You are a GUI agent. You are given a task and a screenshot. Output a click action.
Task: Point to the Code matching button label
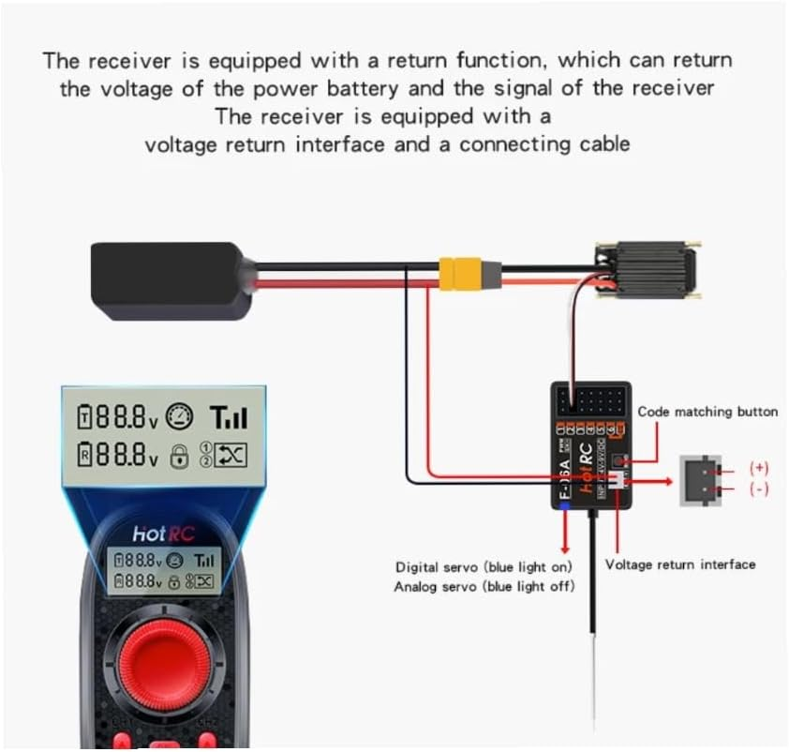707,412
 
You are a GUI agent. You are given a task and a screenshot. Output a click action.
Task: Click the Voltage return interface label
679,564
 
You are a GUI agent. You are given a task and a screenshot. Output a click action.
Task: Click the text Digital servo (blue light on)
484,567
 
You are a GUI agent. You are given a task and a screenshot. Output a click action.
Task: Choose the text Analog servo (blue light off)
484,587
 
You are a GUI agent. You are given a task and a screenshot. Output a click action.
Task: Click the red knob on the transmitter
160,664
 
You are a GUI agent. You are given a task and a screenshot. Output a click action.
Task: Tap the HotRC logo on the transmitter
161,534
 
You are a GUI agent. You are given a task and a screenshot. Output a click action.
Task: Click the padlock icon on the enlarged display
178,456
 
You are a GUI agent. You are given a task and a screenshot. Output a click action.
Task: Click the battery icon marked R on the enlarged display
85,456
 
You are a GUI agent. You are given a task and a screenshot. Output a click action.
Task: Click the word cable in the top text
603,144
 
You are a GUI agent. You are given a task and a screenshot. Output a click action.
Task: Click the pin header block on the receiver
596,400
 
